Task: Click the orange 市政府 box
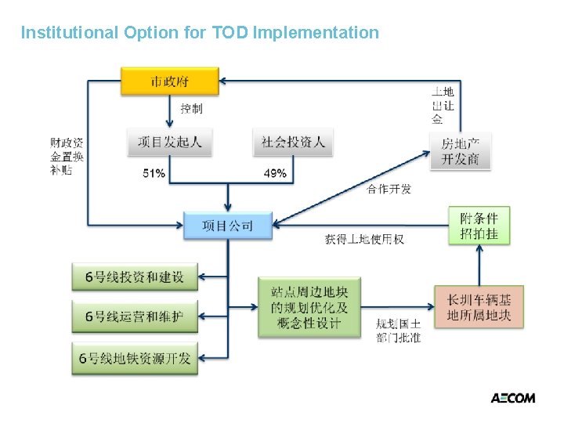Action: coord(169,81)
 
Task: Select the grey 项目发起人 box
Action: coord(169,142)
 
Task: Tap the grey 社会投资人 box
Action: coord(293,142)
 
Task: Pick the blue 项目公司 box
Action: coord(228,226)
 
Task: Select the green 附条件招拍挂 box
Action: coord(479,225)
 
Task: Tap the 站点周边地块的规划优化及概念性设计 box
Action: coord(309,306)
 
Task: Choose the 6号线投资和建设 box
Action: coord(135,277)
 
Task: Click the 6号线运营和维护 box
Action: coord(135,317)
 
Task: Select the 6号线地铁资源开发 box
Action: coord(135,358)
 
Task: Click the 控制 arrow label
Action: coord(191,109)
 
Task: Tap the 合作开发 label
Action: coord(389,189)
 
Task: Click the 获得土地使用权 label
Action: coord(364,239)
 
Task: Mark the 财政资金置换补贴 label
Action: coord(67,156)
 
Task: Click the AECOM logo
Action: coord(512,398)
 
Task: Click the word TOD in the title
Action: coord(230,33)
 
